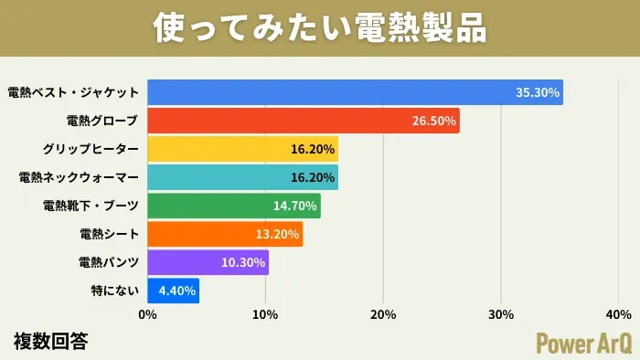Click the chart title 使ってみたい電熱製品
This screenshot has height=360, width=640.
pos(319,27)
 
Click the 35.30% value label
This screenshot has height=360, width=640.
pos(538,92)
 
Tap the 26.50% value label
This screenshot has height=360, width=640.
pos(434,121)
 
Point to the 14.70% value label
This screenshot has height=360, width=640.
pos(294,206)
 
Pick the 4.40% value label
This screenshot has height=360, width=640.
pos(175,291)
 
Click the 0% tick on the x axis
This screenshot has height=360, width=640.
pos(147,315)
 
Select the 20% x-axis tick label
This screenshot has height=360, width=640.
pos(383,315)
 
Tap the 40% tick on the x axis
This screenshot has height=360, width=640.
pos(618,315)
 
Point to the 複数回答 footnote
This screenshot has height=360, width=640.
pos(51,342)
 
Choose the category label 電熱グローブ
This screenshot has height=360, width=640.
pos(102,121)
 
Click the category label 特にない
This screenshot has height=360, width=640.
pos(115,291)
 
